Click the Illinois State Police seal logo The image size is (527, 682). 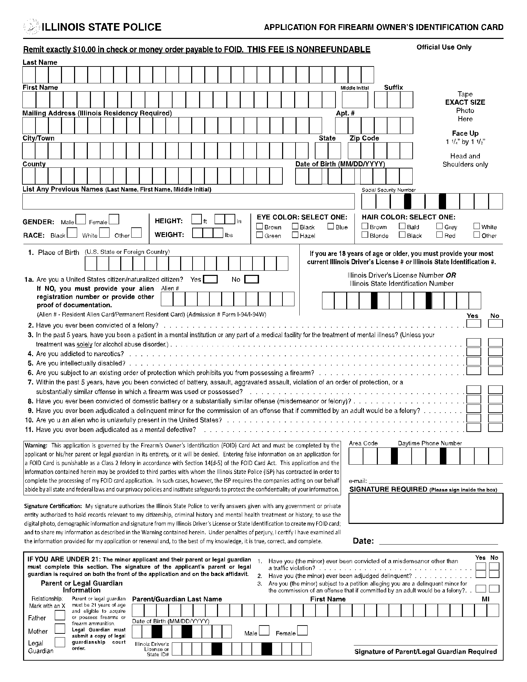31,27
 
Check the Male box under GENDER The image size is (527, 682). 81,219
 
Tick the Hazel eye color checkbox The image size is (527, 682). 295,235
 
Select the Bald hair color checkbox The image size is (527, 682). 402,226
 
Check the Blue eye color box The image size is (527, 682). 331,227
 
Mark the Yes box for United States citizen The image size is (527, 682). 210,279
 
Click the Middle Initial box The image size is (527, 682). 355,100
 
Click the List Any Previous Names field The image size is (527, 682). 188,201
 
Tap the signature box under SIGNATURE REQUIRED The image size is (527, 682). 426,508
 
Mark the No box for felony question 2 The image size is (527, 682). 495,323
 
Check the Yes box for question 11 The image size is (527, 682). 474,427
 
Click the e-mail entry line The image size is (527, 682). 436,481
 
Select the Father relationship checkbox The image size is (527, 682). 60,616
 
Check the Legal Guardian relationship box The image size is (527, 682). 60,642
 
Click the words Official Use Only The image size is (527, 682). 444,47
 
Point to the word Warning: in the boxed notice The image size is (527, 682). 36,446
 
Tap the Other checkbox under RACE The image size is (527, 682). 136,233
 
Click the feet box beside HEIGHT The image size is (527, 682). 197,219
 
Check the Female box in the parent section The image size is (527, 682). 302,631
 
